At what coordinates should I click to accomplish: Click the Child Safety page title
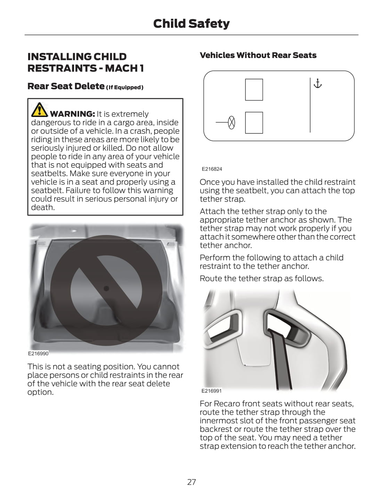click(191, 24)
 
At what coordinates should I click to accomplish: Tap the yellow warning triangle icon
click(39, 110)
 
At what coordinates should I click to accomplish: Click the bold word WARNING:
click(72, 114)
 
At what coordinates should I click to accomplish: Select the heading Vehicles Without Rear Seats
click(258, 55)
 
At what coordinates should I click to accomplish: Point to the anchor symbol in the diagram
click(318, 84)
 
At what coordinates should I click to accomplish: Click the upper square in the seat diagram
click(254, 90)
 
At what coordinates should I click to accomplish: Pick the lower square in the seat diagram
click(254, 123)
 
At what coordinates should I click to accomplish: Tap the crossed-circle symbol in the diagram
click(231, 122)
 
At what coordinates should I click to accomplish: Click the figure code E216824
click(212, 169)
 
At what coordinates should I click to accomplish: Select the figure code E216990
click(38, 353)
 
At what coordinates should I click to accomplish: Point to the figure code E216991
click(211, 391)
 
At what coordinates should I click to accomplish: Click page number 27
click(191, 482)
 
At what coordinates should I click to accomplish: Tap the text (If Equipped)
click(125, 87)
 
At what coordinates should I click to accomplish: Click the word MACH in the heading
click(121, 68)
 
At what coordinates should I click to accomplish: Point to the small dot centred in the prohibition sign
click(106, 288)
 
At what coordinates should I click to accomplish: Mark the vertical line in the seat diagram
click(310, 105)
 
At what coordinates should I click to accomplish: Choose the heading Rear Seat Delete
click(66, 86)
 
